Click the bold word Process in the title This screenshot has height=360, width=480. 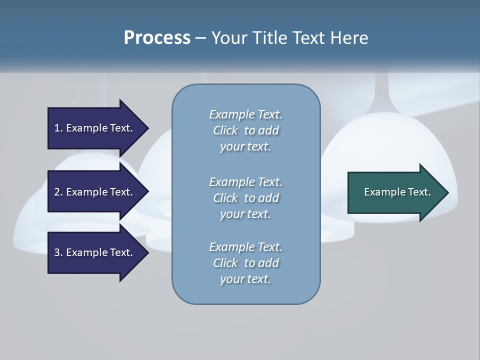pyautogui.click(x=157, y=37)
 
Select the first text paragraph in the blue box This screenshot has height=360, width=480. pyautogui.click(x=245, y=130)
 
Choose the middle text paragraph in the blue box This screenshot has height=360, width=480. pyautogui.click(x=245, y=198)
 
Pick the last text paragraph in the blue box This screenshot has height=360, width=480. pyautogui.click(x=245, y=263)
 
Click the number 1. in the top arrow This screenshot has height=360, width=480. pyautogui.click(x=58, y=128)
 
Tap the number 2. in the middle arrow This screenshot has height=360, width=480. pyautogui.click(x=58, y=192)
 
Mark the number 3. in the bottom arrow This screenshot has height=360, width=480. pyautogui.click(x=58, y=252)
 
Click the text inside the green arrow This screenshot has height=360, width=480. pyautogui.click(x=397, y=192)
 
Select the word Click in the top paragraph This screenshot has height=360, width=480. pyautogui.click(x=225, y=130)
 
